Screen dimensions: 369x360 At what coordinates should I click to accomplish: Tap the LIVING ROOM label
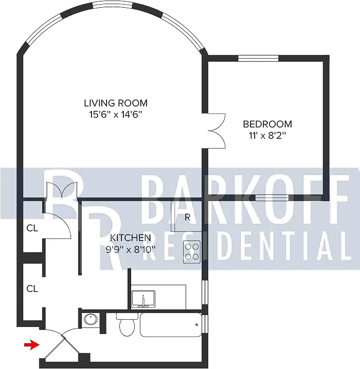[x=115, y=102]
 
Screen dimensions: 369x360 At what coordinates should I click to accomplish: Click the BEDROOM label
[x=267, y=124]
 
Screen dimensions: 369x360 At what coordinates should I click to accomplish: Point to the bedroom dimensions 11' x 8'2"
[x=267, y=136]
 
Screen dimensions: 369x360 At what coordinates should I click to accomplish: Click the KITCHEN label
[x=131, y=238]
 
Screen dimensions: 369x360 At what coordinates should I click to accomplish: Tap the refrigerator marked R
[x=187, y=216]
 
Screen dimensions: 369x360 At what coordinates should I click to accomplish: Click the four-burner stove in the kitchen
[x=192, y=252]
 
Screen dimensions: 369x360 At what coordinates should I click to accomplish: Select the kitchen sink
[x=144, y=299]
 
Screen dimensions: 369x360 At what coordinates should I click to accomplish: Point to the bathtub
[x=171, y=326]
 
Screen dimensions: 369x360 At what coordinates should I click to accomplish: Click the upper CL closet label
[x=32, y=228]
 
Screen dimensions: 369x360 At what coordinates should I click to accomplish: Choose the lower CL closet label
[x=32, y=289]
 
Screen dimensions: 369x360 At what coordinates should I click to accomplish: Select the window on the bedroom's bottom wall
[x=272, y=198]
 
